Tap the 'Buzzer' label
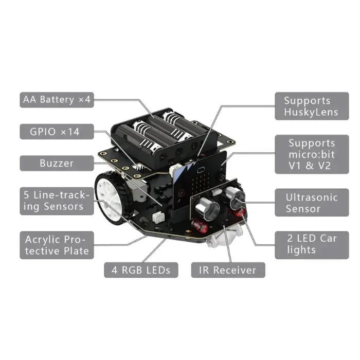click(x=57, y=164)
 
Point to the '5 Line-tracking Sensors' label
click(x=57, y=201)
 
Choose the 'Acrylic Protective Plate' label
click(x=57, y=245)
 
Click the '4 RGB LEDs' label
click(x=141, y=270)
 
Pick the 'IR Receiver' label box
click(x=228, y=270)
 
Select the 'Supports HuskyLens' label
click(x=311, y=106)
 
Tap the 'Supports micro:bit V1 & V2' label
click(x=311, y=155)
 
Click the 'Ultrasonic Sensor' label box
click(x=311, y=203)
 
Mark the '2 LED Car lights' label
click(x=311, y=244)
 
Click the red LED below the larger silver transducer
click(x=200, y=225)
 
